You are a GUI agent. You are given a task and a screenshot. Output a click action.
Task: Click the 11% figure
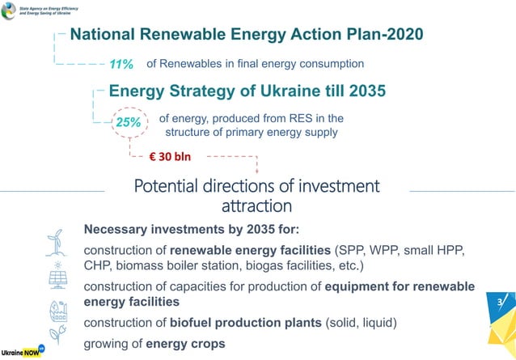(x=121, y=64)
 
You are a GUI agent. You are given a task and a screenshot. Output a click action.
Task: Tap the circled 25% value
(x=128, y=123)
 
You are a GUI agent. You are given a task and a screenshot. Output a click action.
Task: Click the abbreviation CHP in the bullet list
(x=99, y=266)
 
